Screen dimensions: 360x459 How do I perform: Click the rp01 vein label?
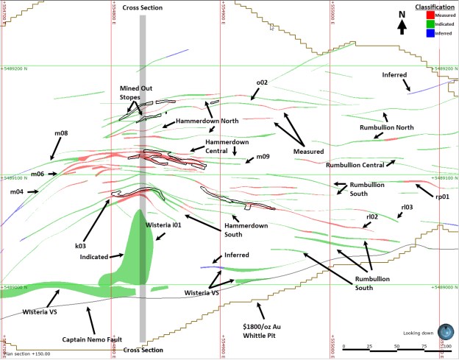pos(442,197)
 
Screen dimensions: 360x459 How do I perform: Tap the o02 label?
pos(262,82)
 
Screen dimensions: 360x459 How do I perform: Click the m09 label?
pos(263,157)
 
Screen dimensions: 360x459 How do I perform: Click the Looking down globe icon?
pos(444,331)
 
